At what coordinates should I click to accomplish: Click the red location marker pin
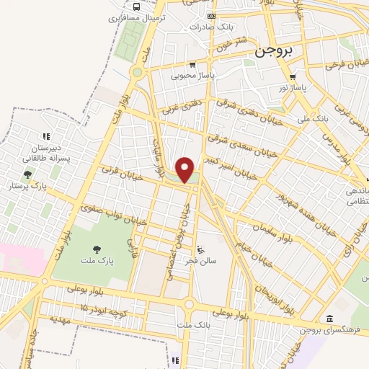186,169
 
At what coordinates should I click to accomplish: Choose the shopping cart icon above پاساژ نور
292,77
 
